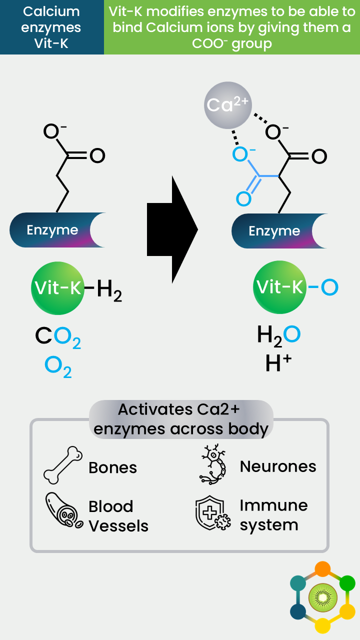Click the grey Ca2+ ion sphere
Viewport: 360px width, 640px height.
227,105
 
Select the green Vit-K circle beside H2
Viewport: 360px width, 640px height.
57,288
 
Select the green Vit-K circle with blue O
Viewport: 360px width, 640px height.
279,287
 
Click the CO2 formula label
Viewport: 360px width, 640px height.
58,337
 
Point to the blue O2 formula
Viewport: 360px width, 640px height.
58,367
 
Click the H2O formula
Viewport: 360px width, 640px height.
278,336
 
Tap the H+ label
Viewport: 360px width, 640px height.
278,362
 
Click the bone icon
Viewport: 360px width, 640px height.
63,465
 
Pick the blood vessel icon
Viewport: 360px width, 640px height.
63,510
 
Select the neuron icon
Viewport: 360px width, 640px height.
213,464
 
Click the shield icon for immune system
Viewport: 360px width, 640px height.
213,513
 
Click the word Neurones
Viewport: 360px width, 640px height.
278,466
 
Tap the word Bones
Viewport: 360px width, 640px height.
112,467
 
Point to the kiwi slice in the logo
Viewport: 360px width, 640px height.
323,597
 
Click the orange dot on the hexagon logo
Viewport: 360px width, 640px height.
322,569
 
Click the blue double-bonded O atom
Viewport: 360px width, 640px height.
243,199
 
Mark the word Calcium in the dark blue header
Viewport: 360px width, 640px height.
51,11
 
